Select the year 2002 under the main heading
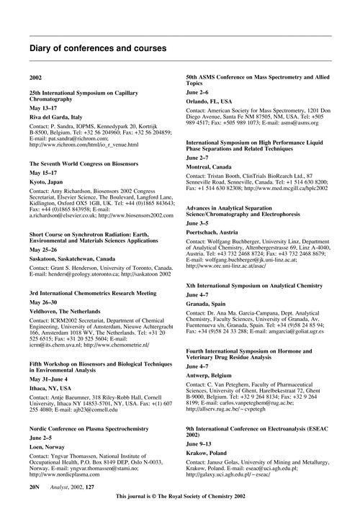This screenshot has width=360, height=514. click(x=35, y=76)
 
